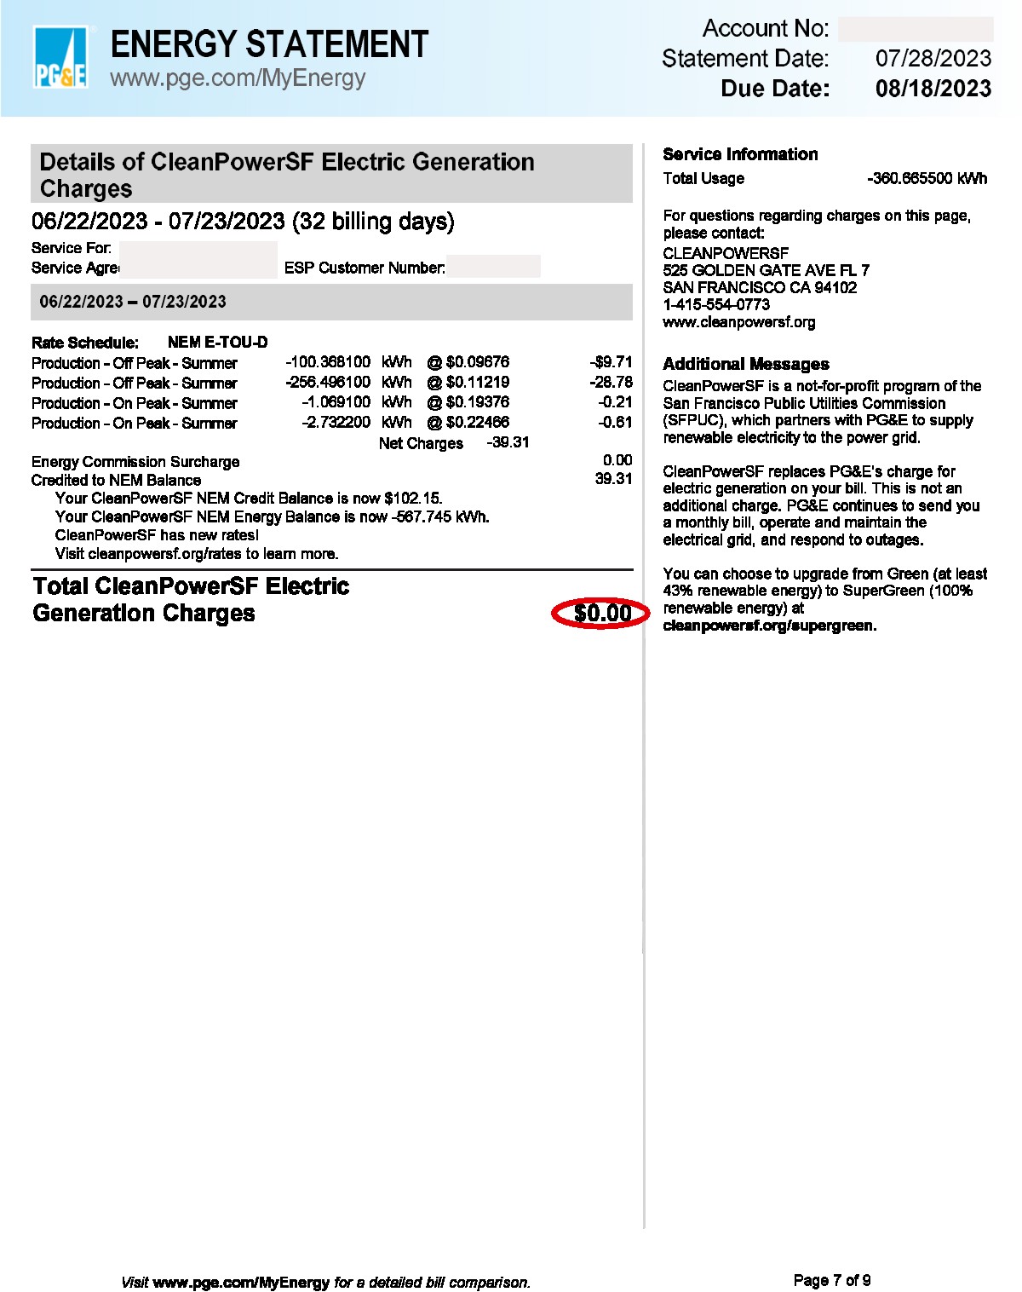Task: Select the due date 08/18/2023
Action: coord(933,89)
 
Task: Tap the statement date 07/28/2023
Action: coord(933,59)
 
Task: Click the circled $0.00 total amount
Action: coord(601,614)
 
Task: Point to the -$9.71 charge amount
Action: coord(611,362)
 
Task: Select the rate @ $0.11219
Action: coord(468,383)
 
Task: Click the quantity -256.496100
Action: coord(328,383)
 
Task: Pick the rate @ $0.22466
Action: coord(468,423)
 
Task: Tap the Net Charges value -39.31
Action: coord(508,442)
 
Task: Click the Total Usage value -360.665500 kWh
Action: coord(927,178)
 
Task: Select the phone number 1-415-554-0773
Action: coord(716,304)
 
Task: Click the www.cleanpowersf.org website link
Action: coord(738,322)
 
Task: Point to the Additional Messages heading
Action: coord(745,364)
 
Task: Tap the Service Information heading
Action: coord(739,154)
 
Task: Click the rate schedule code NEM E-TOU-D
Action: coord(217,343)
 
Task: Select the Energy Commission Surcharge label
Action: coord(135,462)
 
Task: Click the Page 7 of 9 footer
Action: coord(831,1280)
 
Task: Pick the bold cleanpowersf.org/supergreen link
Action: coord(769,626)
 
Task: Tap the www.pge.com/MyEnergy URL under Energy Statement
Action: coord(238,78)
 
